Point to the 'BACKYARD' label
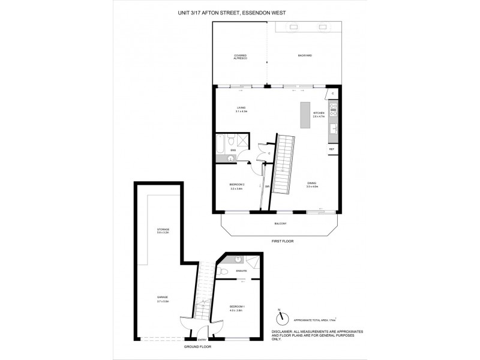[305, 55]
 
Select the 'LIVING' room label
[241, 110]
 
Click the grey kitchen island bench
[305, 113]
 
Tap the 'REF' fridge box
[331, 149]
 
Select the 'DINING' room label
[311, 185]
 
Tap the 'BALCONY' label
[280, 224]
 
